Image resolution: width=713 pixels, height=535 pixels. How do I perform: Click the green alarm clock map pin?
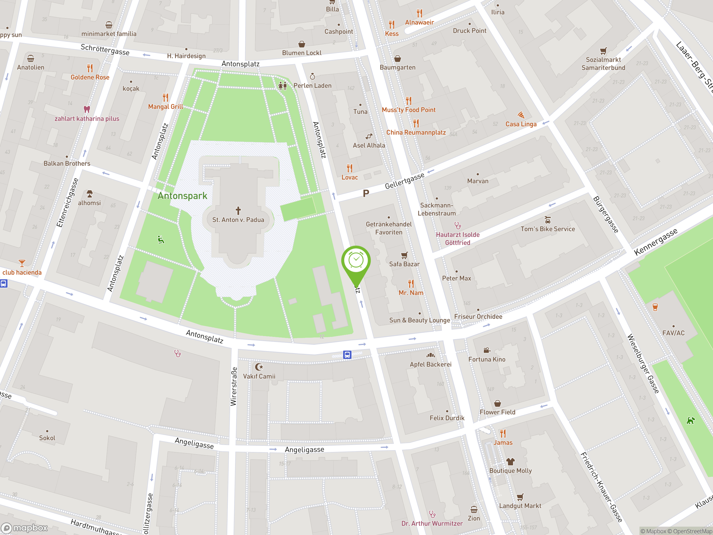[356, 261]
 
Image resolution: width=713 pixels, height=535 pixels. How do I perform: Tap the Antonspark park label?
[182, 196]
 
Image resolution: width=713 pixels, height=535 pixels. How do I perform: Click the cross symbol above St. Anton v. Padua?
[238, 211]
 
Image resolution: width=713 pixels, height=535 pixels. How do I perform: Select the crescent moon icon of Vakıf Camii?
[259, 367]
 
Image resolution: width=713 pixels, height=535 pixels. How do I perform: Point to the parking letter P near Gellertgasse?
[366, 193]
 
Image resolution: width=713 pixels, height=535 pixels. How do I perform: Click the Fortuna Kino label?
[487, 359]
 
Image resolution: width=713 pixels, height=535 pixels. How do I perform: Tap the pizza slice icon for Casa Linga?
[521, 115]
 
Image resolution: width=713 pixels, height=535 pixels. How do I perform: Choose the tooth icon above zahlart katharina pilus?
[87, 109]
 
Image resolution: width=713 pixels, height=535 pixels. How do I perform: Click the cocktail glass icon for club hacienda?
[22, 263]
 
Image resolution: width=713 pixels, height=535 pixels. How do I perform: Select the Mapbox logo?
[25, 527]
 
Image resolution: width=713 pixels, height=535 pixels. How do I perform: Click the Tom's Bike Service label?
[548, 229]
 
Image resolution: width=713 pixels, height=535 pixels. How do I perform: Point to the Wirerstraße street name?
[234, 386]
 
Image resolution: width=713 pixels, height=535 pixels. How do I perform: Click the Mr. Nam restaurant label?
[411, 293]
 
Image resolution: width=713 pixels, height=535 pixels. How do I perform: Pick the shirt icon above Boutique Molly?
[510, 461]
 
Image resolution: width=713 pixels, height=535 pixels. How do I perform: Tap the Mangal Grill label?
[165, 107]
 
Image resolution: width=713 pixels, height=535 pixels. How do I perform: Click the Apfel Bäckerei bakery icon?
[431, 355]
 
